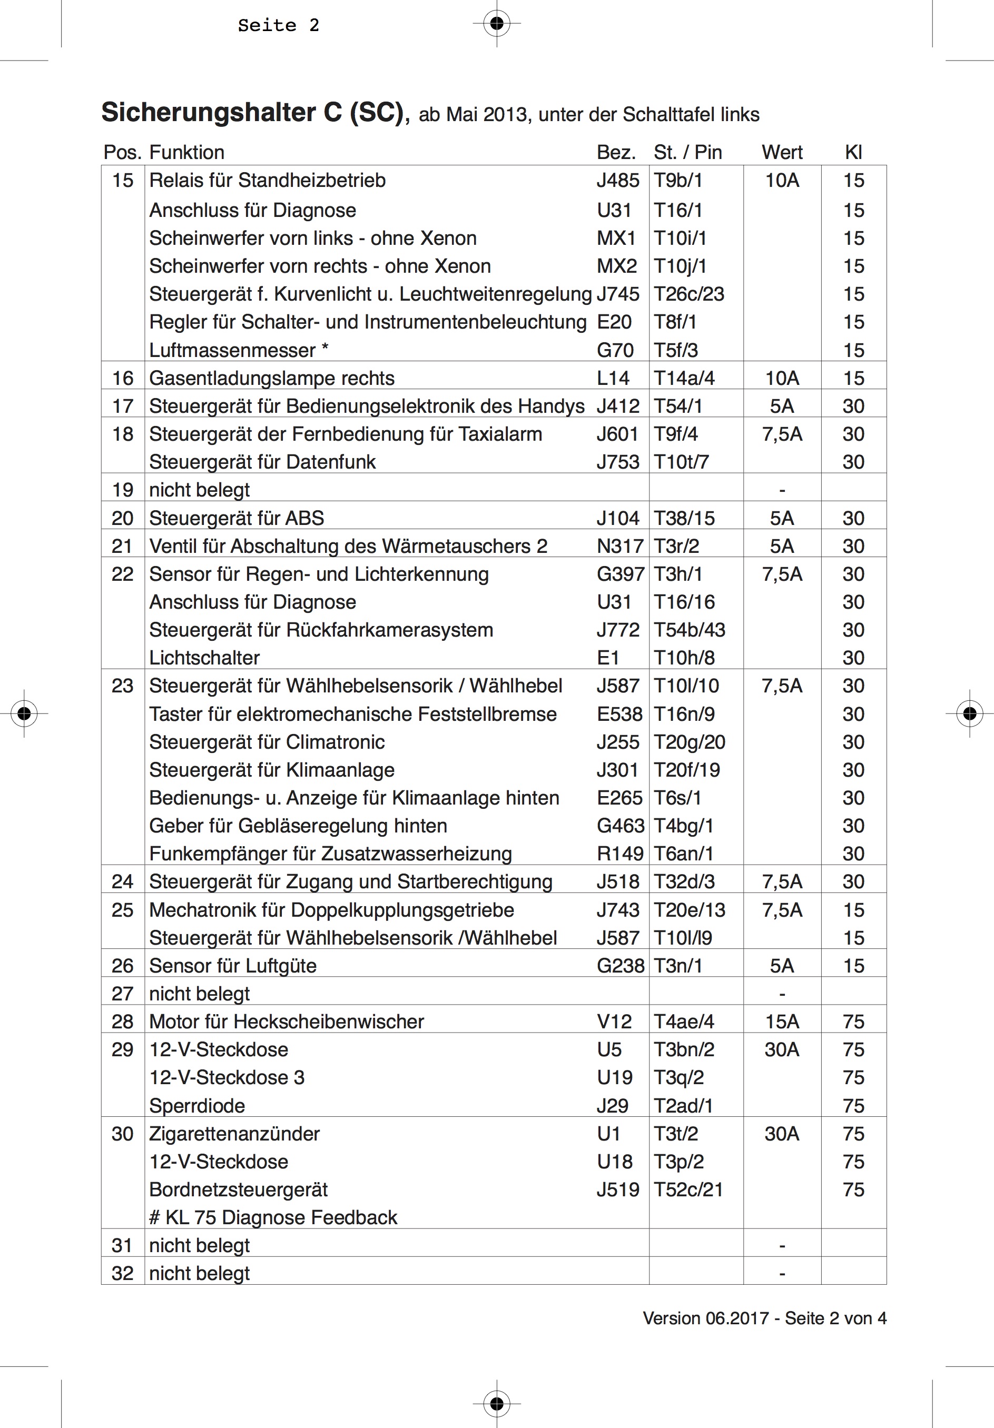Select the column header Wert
[x=782, y=152]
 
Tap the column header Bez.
[x=616, y=152]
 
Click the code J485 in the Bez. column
[x=618, y=181]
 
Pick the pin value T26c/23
[x=688, y=294]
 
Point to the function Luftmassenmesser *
[x=238, y=350]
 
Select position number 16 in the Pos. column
[x=123, y=378]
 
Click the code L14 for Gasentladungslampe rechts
[x=613, y=378]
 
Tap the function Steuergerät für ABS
[x=237, y=518]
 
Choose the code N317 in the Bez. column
[x=619, y=546]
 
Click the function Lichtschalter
[x=204, y=658]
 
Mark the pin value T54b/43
[x=689, y=630]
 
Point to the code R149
[x=619, y=854]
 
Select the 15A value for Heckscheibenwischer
[x=782, y=1022]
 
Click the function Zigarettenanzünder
[x=234, y=1134]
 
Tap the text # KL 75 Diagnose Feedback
[x=273, y=1218]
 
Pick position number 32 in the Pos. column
[x=123, y=1273]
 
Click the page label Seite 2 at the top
[x=278, y=25]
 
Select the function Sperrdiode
[x=196, y=1106]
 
